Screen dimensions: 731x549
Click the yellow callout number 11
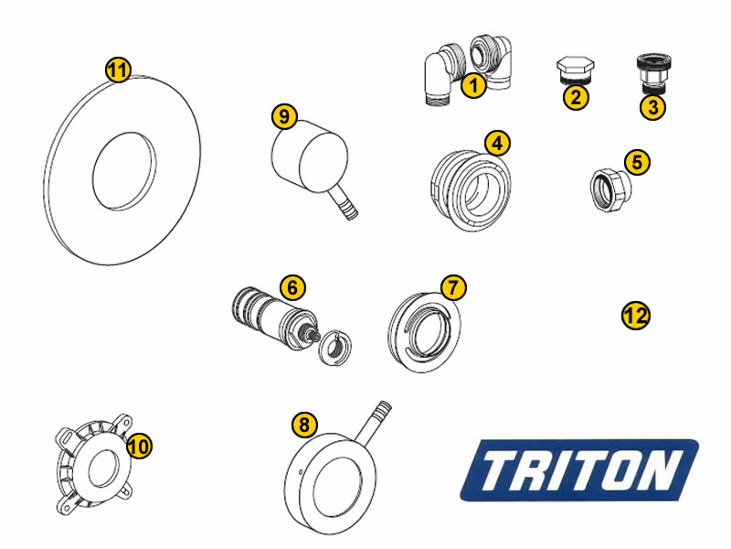click(118, 70)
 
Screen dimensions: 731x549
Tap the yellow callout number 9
click(284, 116)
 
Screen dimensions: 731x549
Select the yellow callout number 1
click(473, 85)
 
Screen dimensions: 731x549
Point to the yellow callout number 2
click(576, 98)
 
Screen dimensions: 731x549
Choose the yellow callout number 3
click(652, 107)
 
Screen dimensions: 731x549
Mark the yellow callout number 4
click(497, 144)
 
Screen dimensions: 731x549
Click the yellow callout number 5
click(637, 163)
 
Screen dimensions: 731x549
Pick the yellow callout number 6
click(292, 287)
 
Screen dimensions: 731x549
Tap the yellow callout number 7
click(453, 287)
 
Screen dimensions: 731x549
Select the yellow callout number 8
click(304, 425)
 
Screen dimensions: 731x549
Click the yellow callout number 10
click(139, 446)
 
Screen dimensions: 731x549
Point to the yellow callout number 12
click(635, 316)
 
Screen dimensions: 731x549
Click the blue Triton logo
click(579, 469)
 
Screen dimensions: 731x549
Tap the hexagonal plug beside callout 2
click(575, 70)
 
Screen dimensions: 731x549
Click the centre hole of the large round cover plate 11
click(124, 170)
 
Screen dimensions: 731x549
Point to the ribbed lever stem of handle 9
click(344, 201)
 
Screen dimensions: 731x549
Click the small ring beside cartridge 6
click(334, 348)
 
